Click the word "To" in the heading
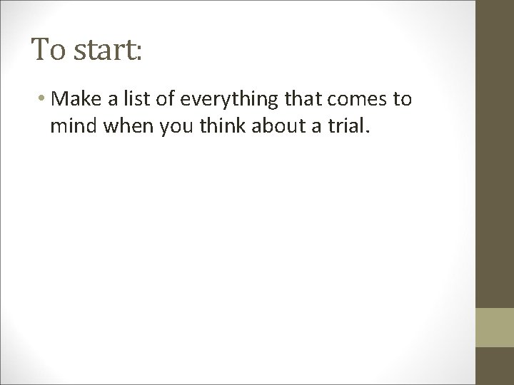(48, 50)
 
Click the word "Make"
(76, 99)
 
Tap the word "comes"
(354, 100)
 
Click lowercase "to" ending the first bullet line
(402, 100)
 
